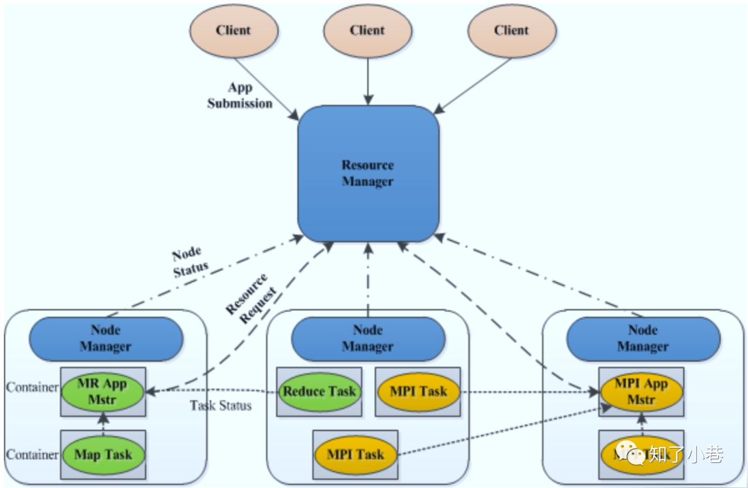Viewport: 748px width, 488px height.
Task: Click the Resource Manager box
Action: click(368, 173)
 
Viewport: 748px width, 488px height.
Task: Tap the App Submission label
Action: click(240, 96)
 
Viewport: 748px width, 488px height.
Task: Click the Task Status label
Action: click(220, 406)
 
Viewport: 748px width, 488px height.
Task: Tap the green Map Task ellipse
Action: click(103, 455)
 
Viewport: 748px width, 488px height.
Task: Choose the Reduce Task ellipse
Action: click(319, 392)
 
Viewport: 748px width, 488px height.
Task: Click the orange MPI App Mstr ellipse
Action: click(641, 392)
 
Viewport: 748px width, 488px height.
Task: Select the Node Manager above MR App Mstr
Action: click(106, 338)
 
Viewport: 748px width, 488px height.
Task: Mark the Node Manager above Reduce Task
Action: click(368, 338)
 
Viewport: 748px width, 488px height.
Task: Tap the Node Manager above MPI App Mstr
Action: click(643, 338)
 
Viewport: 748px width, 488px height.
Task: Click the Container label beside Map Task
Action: click(32, 455)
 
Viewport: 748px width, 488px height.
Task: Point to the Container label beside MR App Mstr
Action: click(32, 387)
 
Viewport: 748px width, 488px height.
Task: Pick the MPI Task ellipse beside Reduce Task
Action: click(418, 392)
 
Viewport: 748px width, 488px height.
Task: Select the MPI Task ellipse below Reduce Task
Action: click(355, 455)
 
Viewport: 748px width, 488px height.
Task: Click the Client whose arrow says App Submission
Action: click(233, 31)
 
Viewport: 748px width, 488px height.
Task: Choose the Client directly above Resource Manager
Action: click(367, 31)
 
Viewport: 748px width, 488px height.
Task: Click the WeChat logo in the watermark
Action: click(630, 454)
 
